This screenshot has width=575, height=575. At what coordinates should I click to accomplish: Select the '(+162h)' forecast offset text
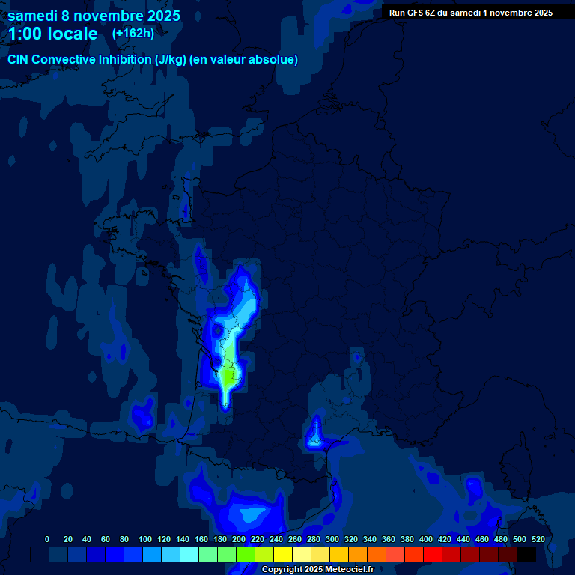(x=133, y=34)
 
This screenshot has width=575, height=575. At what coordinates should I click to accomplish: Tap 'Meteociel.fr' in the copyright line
(x=349, y=570)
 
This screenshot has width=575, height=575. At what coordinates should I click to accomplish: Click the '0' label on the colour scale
(x=47, y=539)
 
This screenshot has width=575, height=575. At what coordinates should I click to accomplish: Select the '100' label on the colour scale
(x=144, y=539)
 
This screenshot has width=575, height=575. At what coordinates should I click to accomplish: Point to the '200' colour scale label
(x=238, y=539)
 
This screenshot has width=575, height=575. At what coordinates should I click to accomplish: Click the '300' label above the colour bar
(x=332, y=539)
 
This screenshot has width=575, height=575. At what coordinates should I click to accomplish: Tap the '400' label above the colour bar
(x=425, y=539)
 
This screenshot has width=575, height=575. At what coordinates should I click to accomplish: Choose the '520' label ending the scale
(x=538, y=539)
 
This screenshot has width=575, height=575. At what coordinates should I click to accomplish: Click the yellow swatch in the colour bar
(x=283, y=554)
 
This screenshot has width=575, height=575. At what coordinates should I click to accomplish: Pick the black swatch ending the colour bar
(x=526, y=554)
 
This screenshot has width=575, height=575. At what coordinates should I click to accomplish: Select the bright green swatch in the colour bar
(x=246, y=554)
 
